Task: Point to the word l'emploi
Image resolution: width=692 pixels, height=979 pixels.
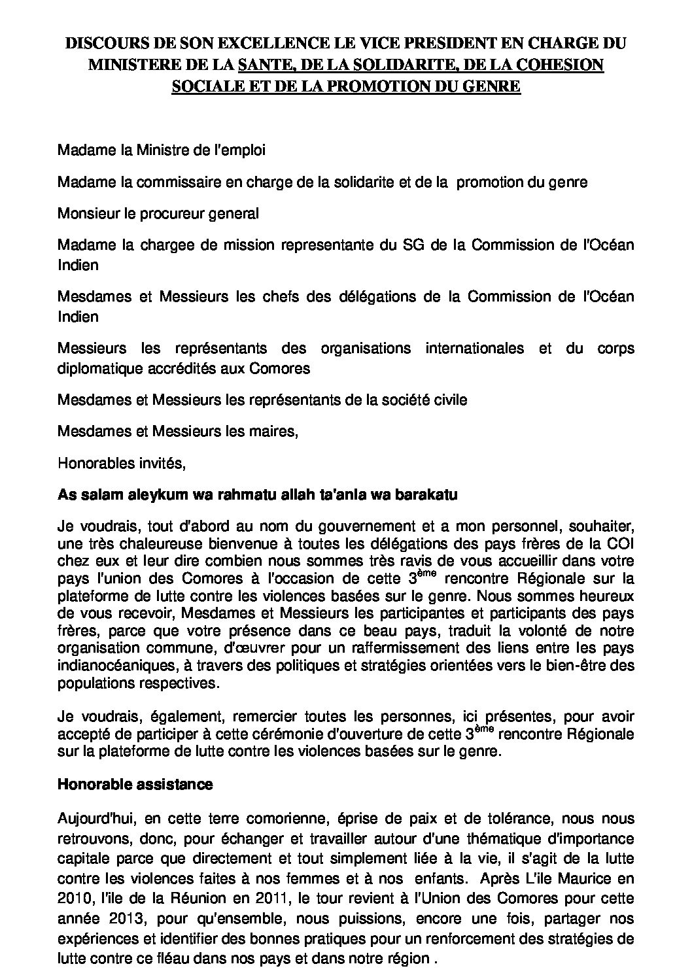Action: (x=236, y=150)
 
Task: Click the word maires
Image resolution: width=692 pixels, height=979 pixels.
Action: (x=273, y=431)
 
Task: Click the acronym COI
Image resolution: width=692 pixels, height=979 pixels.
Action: (x=621, y=542)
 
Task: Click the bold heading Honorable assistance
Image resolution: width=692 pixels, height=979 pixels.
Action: (x=135, y=784)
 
